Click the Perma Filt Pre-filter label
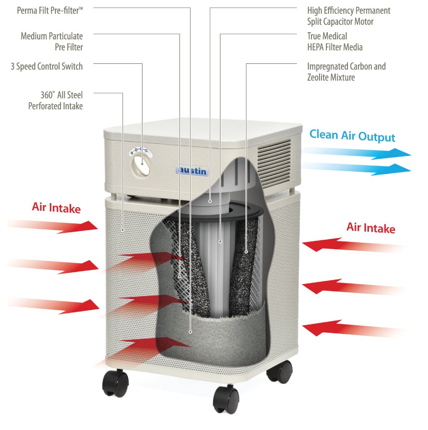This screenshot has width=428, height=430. [50, 10]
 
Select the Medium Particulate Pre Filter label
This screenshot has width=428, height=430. [52, 41]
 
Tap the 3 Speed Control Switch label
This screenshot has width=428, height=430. [47, 66]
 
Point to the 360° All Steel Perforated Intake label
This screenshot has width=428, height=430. [55, 101]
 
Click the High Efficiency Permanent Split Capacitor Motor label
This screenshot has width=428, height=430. [348, 16]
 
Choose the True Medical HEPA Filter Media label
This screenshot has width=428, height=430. [335, 41]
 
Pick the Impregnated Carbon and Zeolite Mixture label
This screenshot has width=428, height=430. [346, 72]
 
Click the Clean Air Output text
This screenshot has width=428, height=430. [352, 135]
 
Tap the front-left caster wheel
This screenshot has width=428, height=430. [116, 383]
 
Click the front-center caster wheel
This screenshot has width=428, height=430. [226, 399]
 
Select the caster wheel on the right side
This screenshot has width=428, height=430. [280, 370]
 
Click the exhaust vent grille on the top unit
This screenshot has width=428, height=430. [274, 159]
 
